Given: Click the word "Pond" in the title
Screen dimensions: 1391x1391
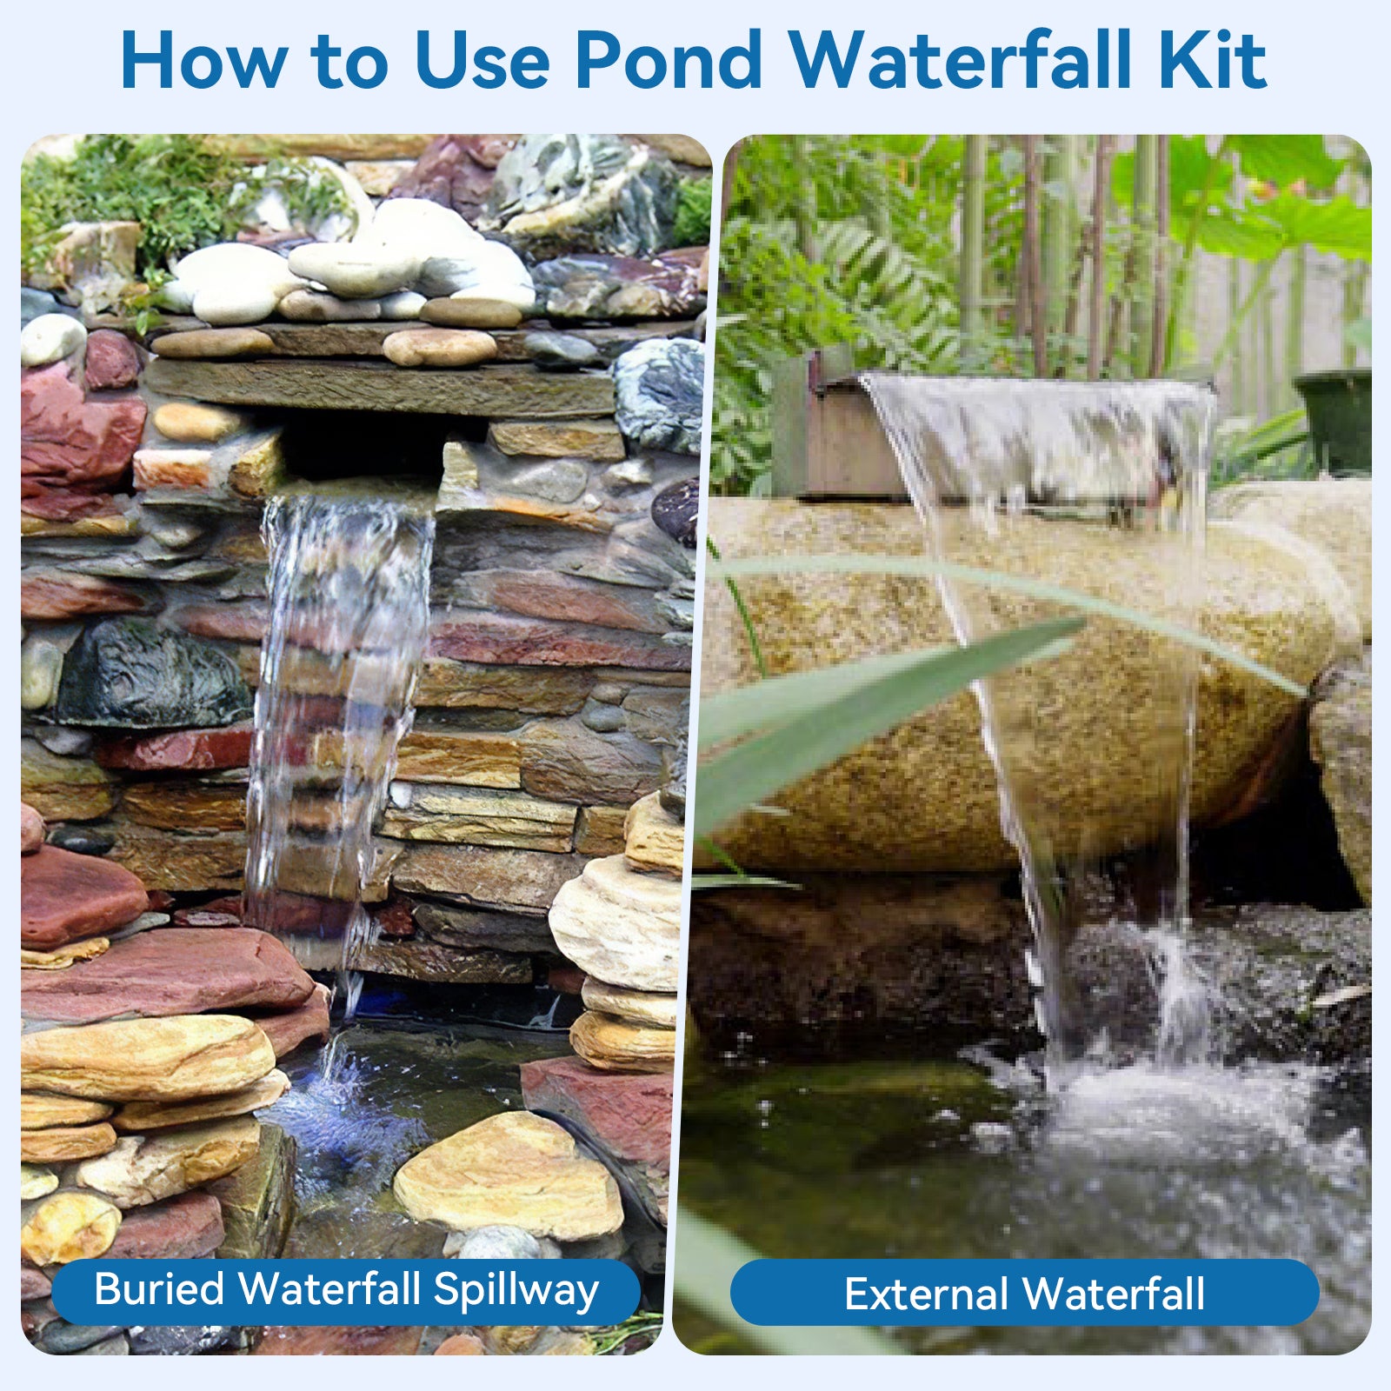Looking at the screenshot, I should click(x=668, y=61).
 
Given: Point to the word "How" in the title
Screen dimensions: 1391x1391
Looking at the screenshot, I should click(x=204, y=61).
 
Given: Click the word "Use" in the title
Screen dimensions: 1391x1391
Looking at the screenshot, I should click(x=483, y=61).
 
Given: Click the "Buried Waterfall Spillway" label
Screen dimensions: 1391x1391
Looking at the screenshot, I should click(x=346, y=1290).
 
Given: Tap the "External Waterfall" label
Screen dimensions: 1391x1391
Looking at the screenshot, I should click(x=1024, y=1294).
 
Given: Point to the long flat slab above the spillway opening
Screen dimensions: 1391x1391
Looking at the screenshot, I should click(x=378, y=387).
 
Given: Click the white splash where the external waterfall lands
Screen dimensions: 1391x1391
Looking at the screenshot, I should click(x=1130, y=1087).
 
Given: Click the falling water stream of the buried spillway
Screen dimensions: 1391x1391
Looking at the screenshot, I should click(x=339, y=695).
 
